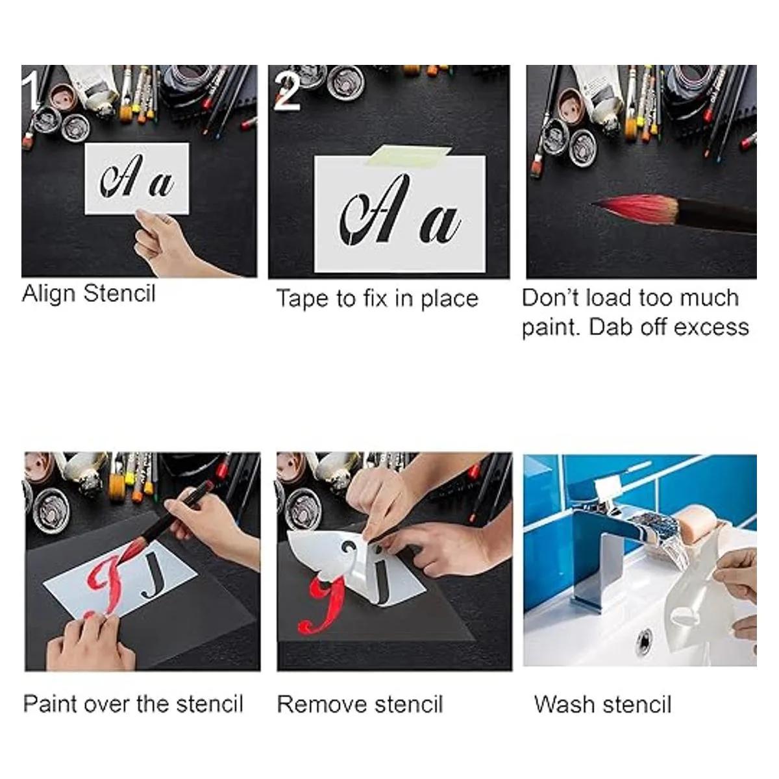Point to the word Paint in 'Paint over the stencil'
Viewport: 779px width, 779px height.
[50, 704]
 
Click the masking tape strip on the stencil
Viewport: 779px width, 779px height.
[408, 157]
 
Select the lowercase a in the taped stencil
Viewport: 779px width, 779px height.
[441, 223]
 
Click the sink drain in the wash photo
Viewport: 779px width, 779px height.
[643, 640]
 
